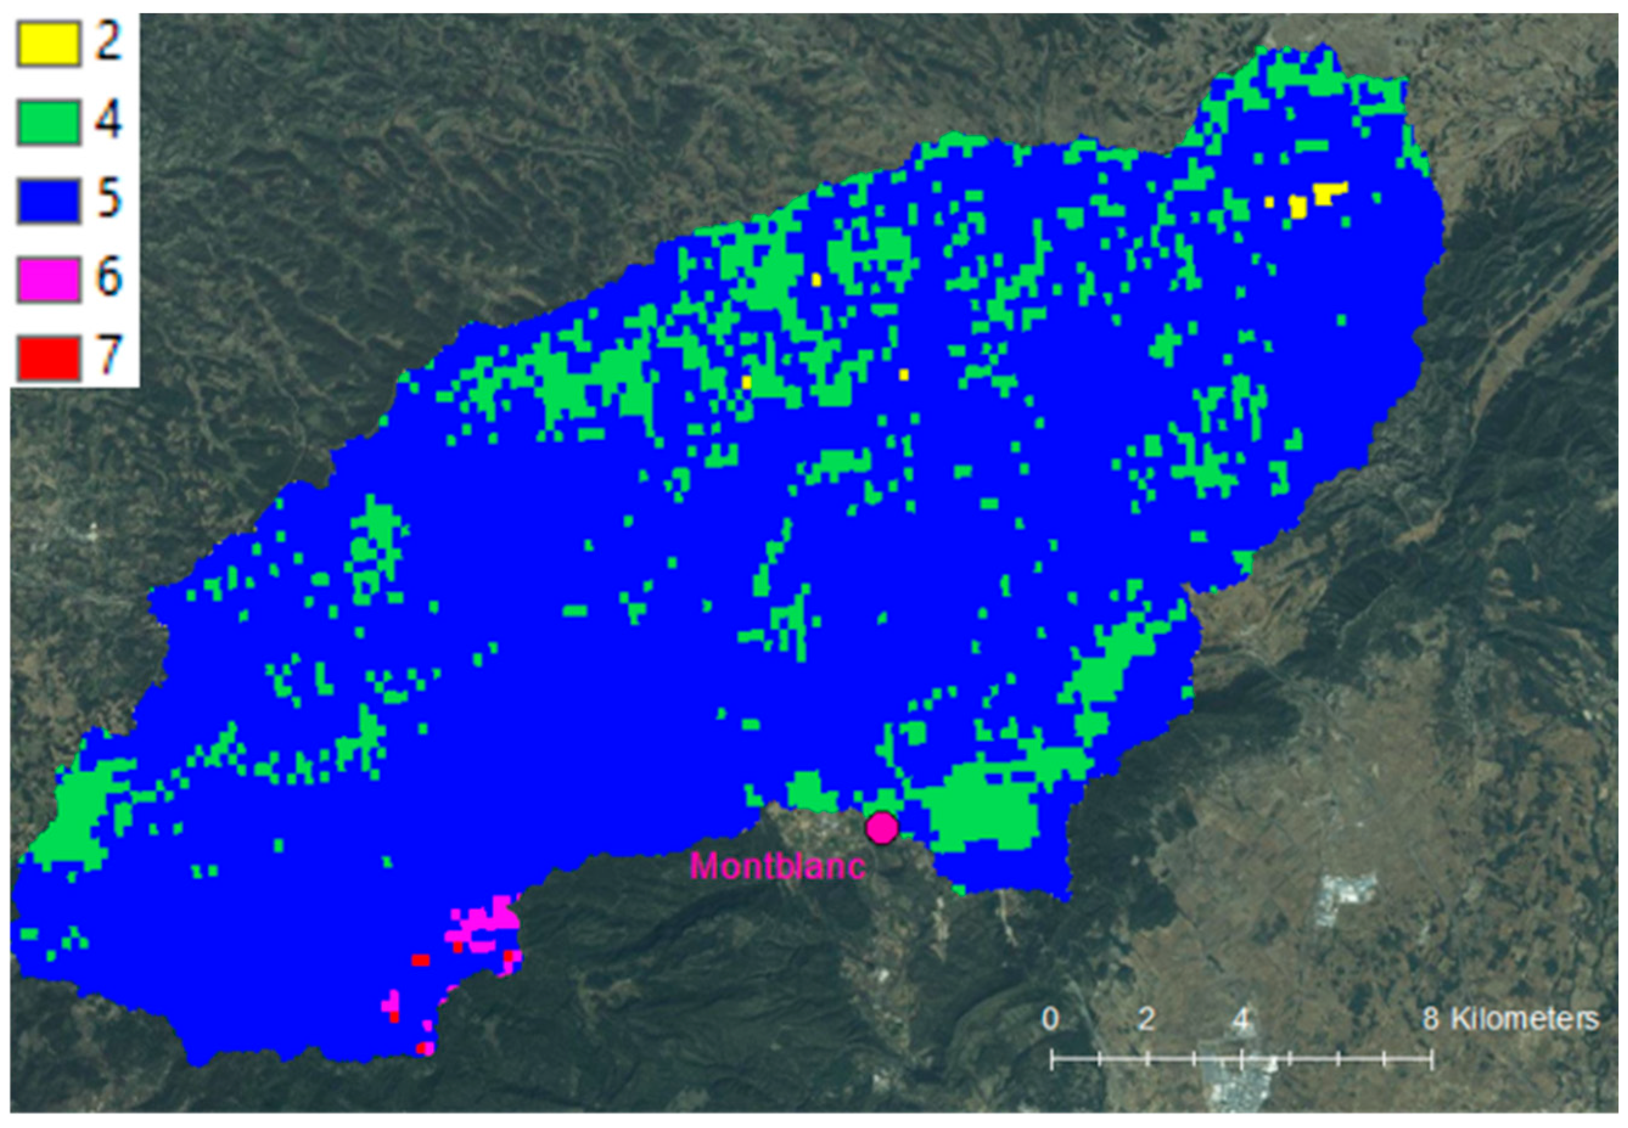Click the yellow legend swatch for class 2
click(48, 44)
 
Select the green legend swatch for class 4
click(48, 123)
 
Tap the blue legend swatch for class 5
click(48, 201)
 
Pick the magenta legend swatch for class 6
click(48, 280)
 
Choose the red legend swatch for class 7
click(48, 358)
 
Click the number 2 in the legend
click(108, 43)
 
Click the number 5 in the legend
click(108, 199)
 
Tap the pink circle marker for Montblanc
click(882, 828)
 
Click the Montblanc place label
click(777, 866)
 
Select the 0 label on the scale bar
click(1051, 1019)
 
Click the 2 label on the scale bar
click(1146, 1019)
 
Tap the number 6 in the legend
click(108, 278)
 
